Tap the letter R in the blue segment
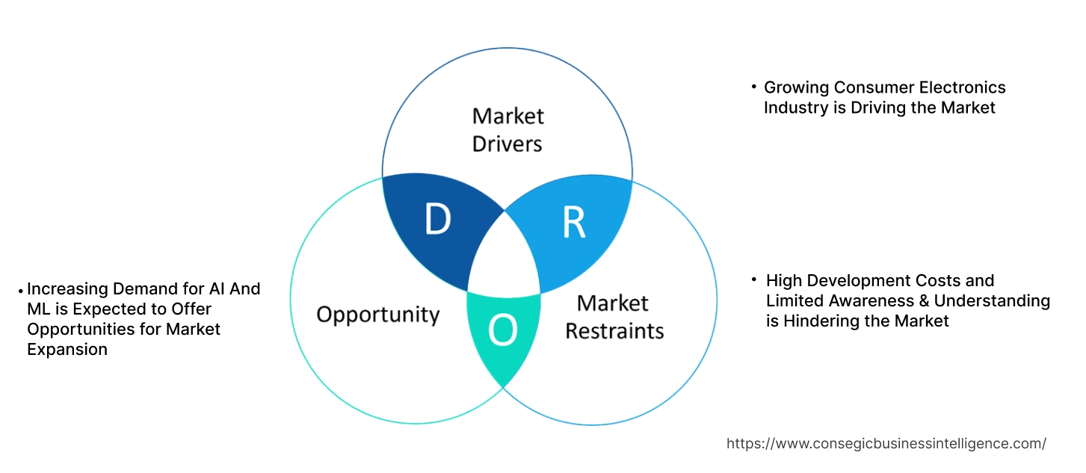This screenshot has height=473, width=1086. pos(573,222)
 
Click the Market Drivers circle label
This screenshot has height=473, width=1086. pos(507,129)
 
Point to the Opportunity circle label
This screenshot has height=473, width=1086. pos(377,314)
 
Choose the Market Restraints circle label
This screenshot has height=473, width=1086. pos(614,316)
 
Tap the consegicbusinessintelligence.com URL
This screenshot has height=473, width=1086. pos(886,443)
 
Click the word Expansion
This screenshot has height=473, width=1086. pos(67,349)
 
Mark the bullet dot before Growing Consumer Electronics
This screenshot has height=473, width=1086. pos(754,87)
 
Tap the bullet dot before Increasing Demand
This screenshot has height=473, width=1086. pos(21,288)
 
